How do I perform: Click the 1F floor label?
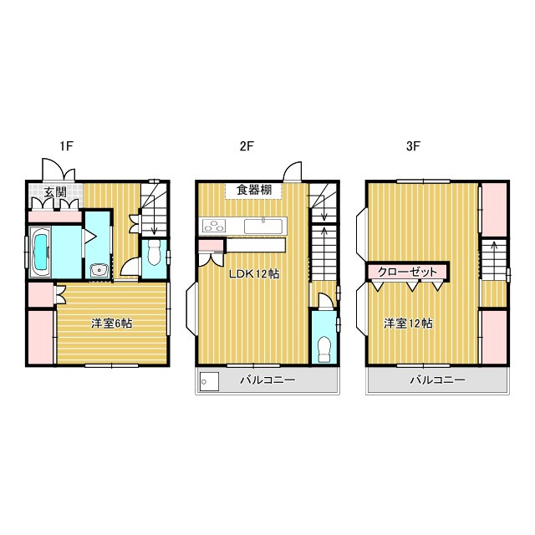coord(68,146)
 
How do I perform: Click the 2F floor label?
coord(247,146)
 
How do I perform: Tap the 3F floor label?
coord(413,146)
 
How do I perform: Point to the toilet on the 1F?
coord(153,254)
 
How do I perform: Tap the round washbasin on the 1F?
coord(99,269)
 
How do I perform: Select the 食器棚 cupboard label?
coord(254,190)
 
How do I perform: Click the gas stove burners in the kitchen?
coord(214,224)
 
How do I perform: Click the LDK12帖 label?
coord(254,273)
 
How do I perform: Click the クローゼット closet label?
coord(407,272)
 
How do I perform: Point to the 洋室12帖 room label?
coord(408,324)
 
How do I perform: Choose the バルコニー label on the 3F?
coord(436,380)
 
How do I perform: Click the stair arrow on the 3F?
coord(494,252)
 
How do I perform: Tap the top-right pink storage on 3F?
coord(493,209)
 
